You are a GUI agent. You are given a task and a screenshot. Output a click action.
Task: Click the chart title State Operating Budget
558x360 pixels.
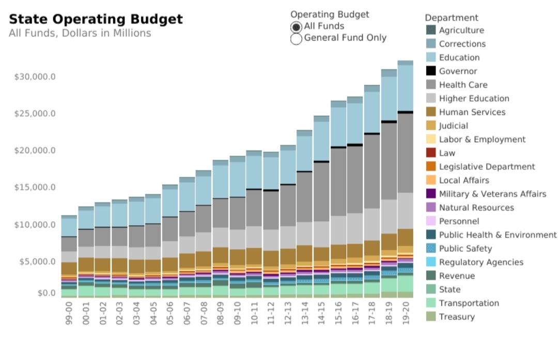pyautogui.click(x=96, y=20)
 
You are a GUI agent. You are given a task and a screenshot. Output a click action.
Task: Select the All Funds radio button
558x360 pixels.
pyautogui.click(x=296, y=26)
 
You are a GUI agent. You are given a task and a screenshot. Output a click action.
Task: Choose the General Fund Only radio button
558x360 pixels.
pyautogui.click(x=296, y=39)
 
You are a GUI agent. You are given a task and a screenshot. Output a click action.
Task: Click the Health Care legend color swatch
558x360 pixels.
pyautogui.click(x=431, y=85)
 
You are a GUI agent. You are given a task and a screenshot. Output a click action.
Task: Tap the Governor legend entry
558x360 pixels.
pyautogui.click(x=458, y=71)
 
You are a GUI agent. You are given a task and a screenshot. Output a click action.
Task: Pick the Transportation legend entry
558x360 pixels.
pyautogui.click(x=469, y=303)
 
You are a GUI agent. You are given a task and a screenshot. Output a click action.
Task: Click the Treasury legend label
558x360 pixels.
pyautogui.click(x=457, y=317)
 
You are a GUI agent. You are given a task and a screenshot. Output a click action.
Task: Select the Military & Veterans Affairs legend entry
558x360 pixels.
pyautogui.click(x=492, y=194)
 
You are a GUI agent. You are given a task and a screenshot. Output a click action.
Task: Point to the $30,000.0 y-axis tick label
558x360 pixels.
pyautogui.click(x=35, y=77)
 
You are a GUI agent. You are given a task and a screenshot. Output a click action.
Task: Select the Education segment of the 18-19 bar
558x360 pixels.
pyautogui.click(x=389, y=98)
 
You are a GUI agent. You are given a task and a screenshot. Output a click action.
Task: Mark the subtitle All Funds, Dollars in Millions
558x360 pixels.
pyautogui.click(x=80, y=34)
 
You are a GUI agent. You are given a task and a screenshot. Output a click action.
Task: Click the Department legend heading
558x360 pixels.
pyautogui.click(x=452, y=18)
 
